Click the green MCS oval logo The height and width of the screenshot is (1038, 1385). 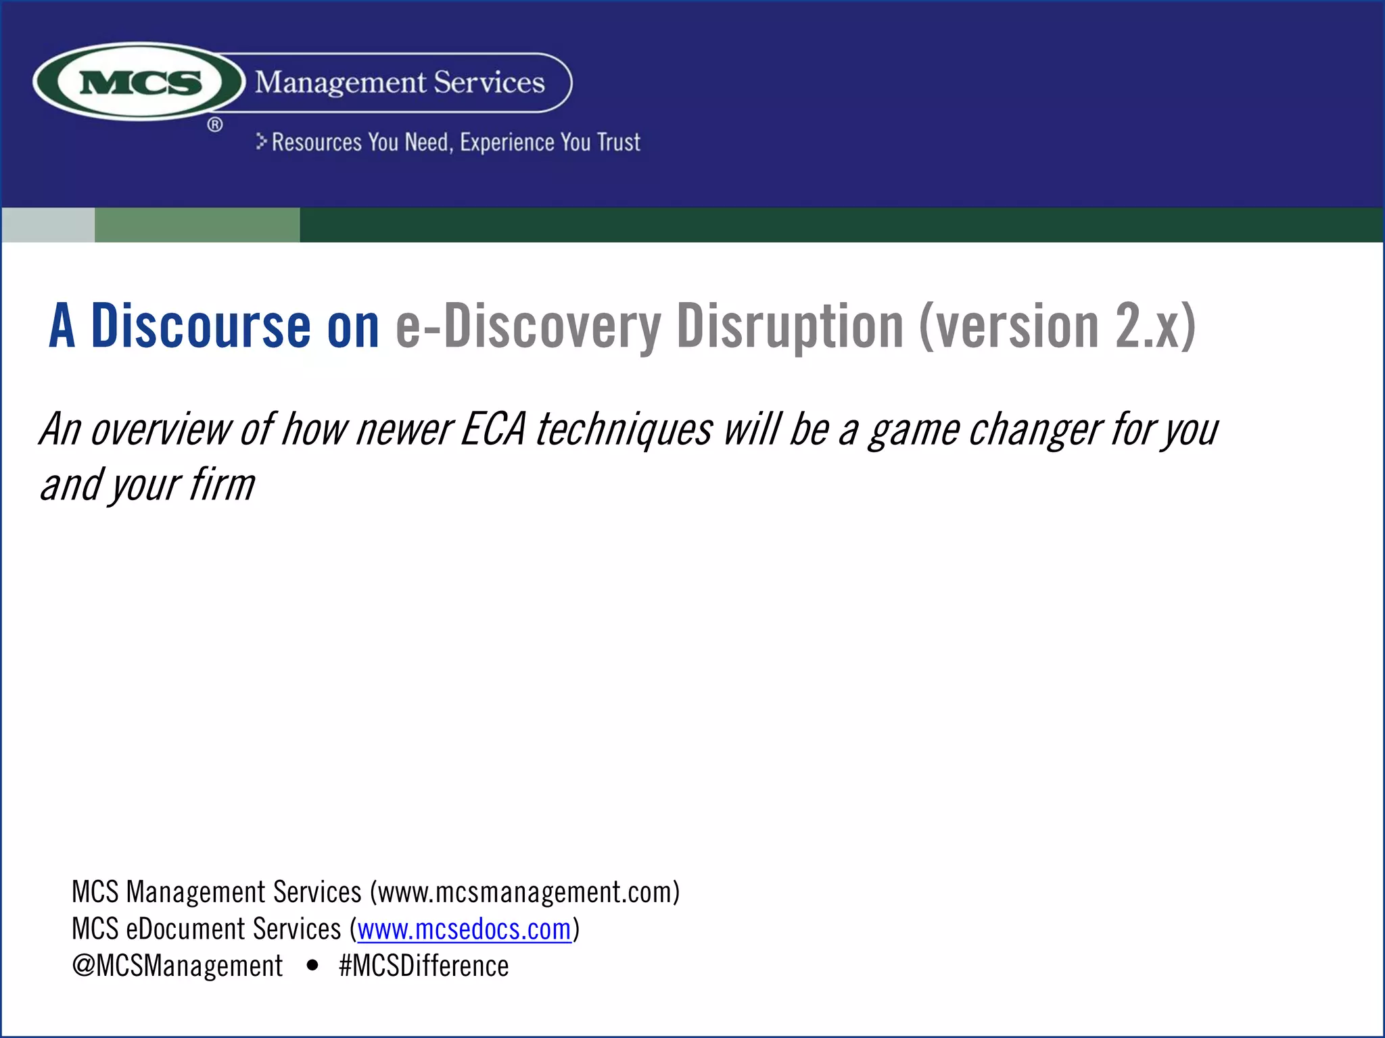[x=139, y=82]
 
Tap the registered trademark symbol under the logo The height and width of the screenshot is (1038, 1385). [x=215, y=125]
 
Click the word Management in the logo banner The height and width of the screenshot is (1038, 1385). [x=340, y=82]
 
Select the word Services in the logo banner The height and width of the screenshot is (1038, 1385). [x=489, y=82]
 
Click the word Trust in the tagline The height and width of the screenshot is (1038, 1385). [x=618, y=143]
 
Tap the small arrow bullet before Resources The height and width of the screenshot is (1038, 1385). [x=262, y=141]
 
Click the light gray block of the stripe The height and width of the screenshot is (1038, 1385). [x=48, y=225]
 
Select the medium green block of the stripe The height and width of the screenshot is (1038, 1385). [x=197, y=225]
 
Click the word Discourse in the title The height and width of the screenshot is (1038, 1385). [x=200, y=326]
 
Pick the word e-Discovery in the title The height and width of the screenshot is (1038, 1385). [x=527, y=326]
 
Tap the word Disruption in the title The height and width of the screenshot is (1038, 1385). [x=790, y=326]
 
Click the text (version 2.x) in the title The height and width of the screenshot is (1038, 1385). [x=1057, y=326]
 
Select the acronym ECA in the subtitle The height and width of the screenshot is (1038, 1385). [x=493, y=429]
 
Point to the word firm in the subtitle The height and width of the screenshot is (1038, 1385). [x=222, y=485]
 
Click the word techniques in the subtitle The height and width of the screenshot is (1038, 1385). [x=624, y=429]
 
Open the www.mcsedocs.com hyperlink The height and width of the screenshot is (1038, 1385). [x=464, y=930]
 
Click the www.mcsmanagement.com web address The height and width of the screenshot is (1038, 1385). [x=524, y=893]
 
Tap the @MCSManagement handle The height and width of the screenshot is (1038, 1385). [x=177, y=966]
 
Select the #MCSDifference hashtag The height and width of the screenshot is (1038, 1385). [x=423, y=966]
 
